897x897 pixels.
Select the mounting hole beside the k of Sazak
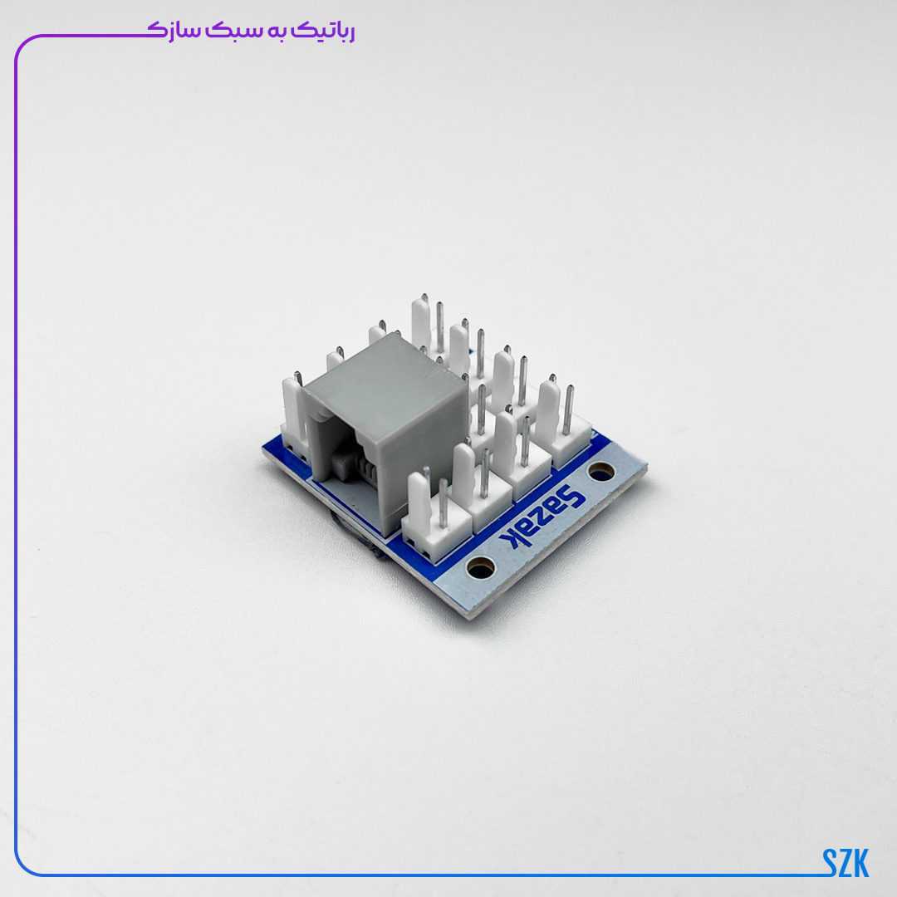[481, 568]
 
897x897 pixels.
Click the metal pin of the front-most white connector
[444, 502]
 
